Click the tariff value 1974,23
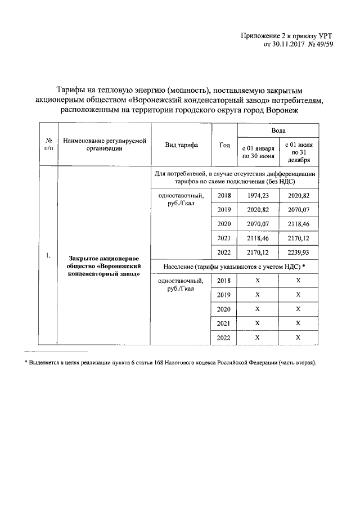(257, 195)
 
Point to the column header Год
(224, 145)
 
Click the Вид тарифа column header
(181, 145)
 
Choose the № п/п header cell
(49, 145)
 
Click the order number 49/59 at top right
(322, 45)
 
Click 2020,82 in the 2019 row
(257, 209)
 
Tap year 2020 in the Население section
(224, 309)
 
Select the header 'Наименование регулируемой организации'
(104, 145)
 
